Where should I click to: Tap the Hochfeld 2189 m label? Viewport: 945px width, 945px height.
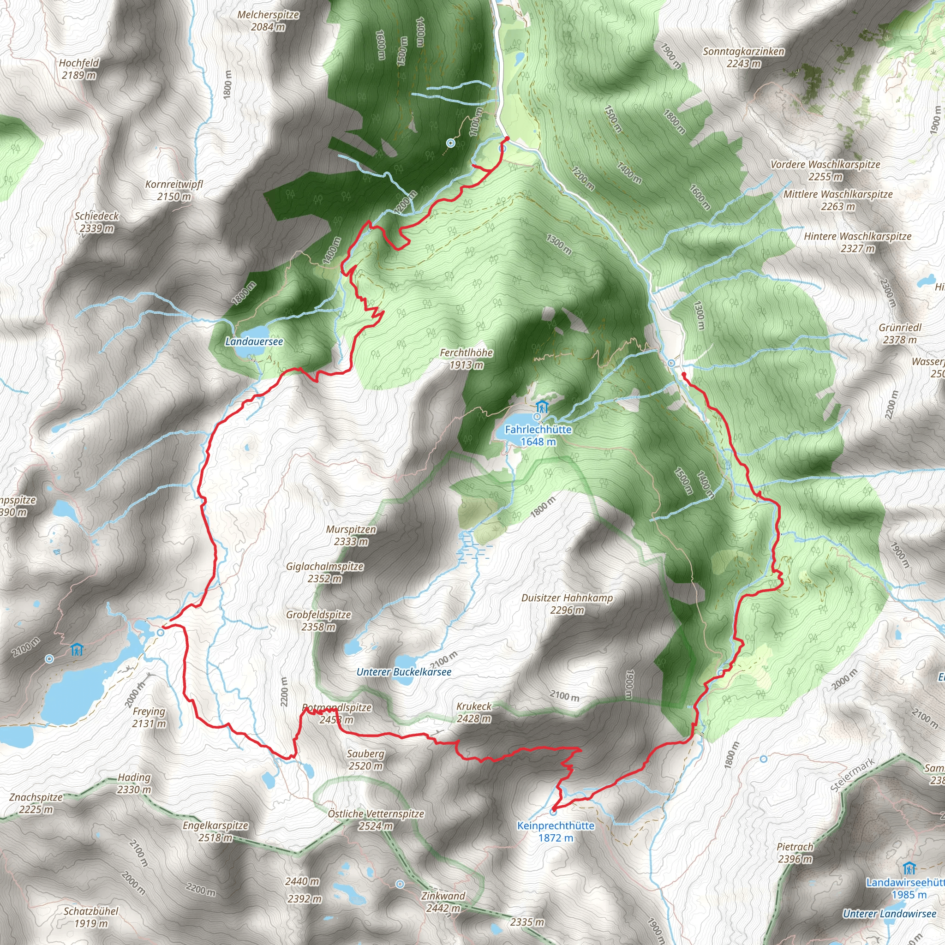(79, 69)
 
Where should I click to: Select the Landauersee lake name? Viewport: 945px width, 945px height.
(254, 341)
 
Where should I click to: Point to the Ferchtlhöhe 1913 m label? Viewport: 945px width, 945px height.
(466, 359)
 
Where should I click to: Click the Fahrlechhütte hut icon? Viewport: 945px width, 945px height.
(541, 407)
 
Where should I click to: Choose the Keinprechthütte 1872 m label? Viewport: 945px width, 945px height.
(556, 831)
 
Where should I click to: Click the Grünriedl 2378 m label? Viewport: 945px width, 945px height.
(900, 334)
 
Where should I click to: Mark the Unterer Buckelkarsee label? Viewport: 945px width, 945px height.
(404, 672)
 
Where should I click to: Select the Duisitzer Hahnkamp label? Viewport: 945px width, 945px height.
(567, 604)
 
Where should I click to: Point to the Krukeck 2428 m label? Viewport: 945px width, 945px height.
(473, 712)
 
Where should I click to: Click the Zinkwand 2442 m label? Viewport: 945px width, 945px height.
(443, 902)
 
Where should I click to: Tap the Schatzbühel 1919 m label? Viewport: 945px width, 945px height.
(91, 917)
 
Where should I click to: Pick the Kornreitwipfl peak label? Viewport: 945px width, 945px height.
(174, 190)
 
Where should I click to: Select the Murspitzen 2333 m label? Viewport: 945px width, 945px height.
(351, 535)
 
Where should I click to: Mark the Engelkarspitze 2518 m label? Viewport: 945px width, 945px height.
(215, 831)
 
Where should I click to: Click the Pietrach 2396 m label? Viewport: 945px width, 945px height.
(795, 853)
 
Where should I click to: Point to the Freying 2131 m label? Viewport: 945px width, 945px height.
(149, 717)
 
